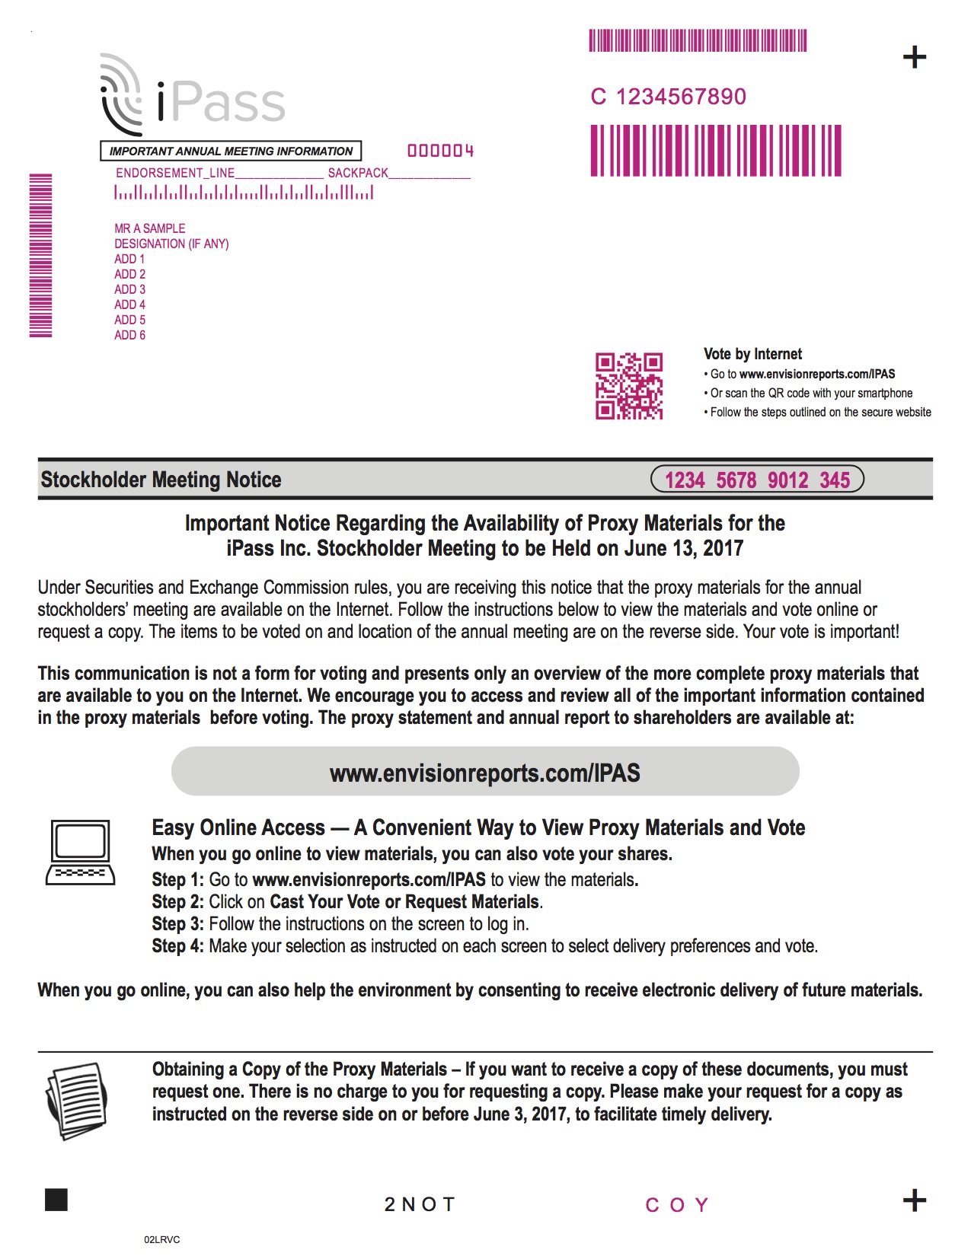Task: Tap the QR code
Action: click(628, 386)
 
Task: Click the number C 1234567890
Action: click(668, 97)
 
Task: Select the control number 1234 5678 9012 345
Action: click(757, 480)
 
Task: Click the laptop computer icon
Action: click(81, 853)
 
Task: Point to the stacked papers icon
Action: click(76, 1100)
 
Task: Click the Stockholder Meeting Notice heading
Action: click(161, 480)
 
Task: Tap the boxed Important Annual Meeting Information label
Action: click(231, 151)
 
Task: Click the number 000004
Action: click(440, 151)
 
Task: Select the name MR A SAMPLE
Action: click(150, 228)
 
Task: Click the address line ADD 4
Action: click(129, 304)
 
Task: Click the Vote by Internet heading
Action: click(752, 354)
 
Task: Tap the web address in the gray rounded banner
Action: click(485, 773)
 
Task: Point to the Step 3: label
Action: click(177, 924)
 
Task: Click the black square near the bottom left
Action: click(56, 1200)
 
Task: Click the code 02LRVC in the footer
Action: click(161, 1239)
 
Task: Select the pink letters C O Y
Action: click(677, 1205)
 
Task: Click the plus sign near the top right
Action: click(914, 57)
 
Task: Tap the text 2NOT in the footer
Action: click(420, 1204)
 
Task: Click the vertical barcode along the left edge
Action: click(40, 255)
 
